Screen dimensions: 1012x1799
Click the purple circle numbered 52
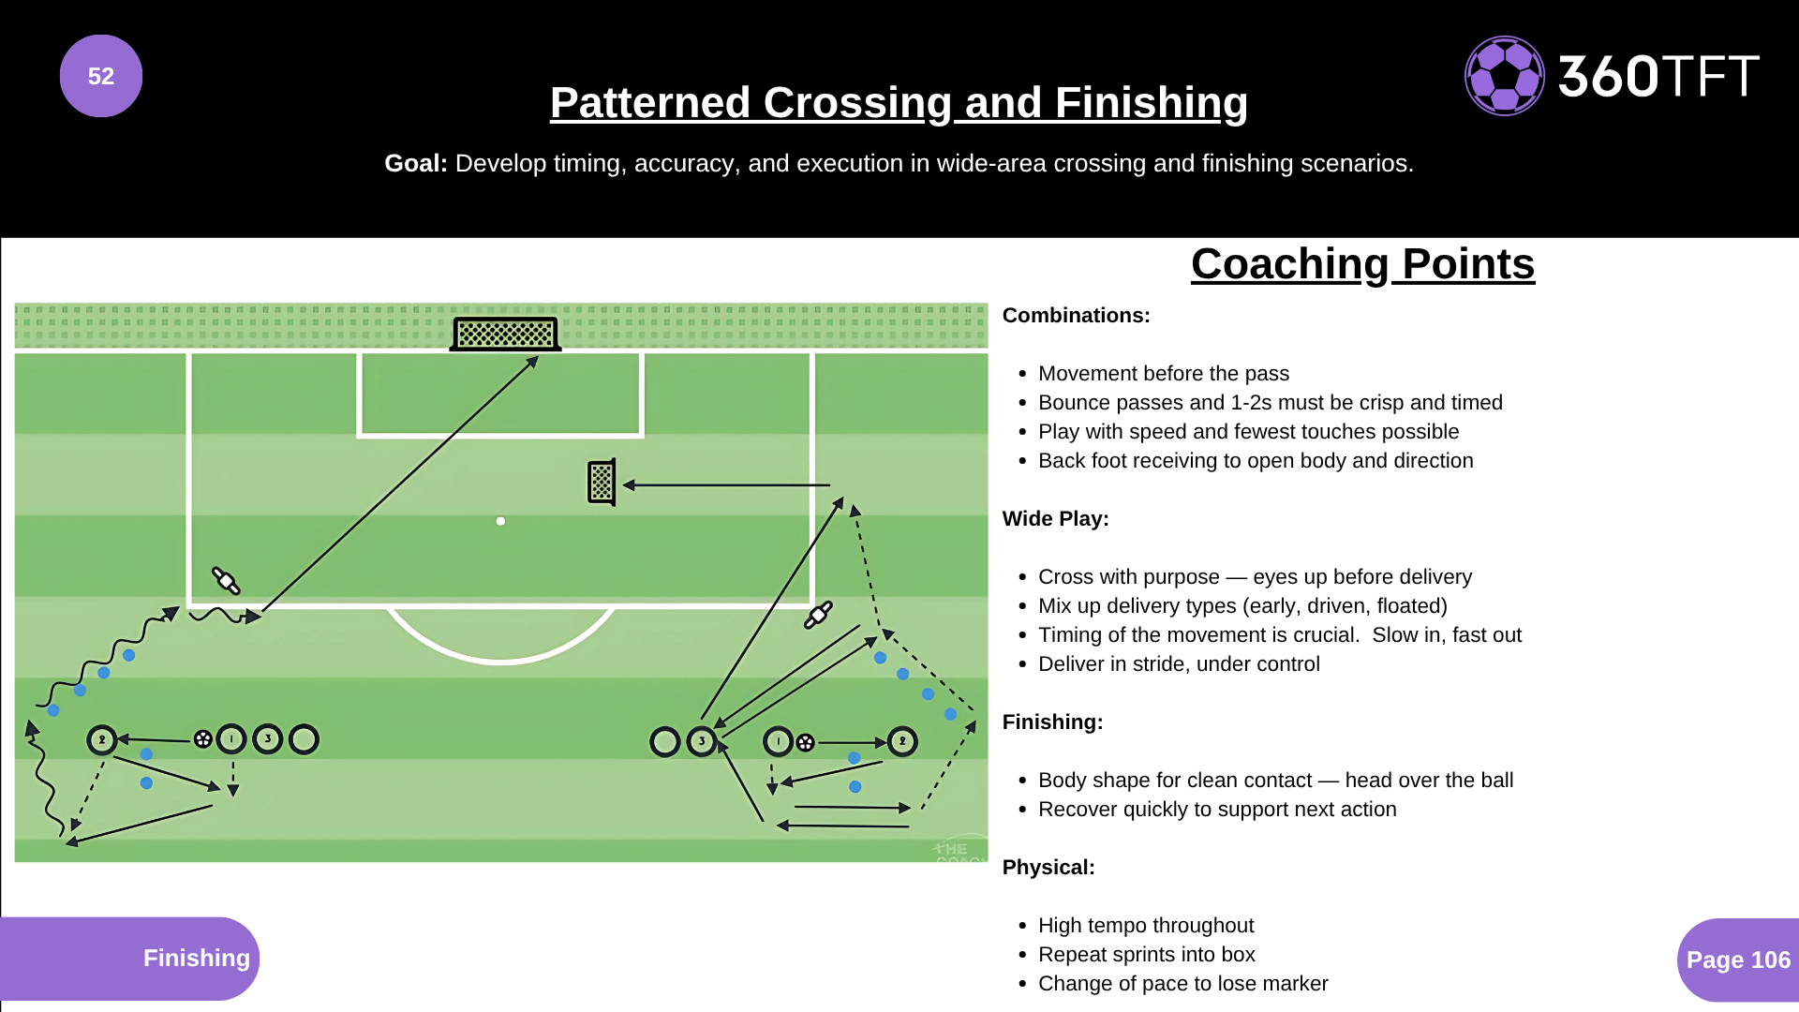[101, 76]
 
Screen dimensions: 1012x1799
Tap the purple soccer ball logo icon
[1504, 76]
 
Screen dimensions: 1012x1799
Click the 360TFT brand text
[1658, 76]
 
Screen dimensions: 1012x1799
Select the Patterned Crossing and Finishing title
[899, 102]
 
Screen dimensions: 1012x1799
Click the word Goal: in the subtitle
[415, 163]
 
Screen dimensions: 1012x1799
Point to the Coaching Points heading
[1362, 264]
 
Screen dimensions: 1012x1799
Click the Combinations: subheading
[1076, 316]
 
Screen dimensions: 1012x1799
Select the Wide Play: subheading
[1055, 519]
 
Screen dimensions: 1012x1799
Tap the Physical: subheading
[1048, 868]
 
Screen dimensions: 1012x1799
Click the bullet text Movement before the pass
[1163, 374]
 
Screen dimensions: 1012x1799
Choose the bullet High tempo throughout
[1145, 926]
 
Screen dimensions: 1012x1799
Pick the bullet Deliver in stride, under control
[1178, 664]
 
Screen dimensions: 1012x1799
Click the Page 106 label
[1738, 960]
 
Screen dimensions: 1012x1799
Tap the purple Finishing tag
[196, 958]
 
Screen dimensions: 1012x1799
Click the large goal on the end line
[505, 334]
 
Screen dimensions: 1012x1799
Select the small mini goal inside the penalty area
[602, 483]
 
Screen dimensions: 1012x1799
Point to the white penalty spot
[500, 521]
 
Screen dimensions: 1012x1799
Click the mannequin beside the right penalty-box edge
[818, 615]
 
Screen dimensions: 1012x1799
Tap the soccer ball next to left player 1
[202, 739]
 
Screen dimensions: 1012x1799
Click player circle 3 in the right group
[701, 741]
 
